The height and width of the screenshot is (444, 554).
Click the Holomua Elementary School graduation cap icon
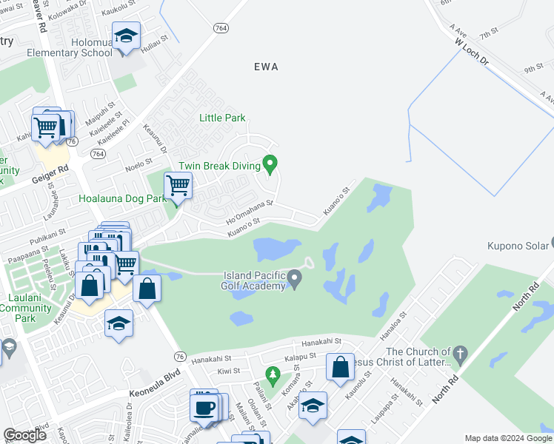point(127,36)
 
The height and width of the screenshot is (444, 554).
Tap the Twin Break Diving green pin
point(271,163)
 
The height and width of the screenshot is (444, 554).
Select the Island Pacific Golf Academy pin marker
point(295,279)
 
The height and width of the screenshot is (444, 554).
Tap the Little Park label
point(222,118)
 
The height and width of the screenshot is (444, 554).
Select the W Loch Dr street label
point(472,53)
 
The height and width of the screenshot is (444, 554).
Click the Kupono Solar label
point(515,246)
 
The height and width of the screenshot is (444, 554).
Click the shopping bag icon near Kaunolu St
point(340,368)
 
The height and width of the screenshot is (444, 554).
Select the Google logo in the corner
point(24,435)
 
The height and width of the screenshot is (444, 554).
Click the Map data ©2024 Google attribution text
point(509,438)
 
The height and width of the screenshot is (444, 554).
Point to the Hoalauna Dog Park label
point(123,198)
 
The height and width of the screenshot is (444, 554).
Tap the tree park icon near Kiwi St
point(273,375)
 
